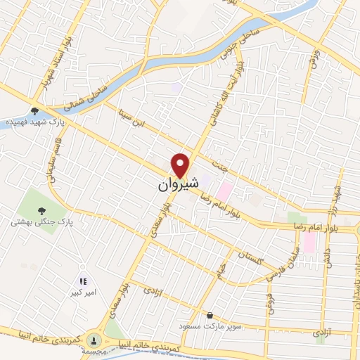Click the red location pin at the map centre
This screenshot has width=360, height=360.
click(181, 165)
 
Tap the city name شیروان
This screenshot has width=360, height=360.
click(176, 184)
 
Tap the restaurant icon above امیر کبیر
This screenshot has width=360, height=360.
click(83, 281)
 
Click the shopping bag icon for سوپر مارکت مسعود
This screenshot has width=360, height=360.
click(210, 316)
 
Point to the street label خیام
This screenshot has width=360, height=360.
click(220, 270)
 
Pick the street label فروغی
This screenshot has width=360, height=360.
click(268, 303)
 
